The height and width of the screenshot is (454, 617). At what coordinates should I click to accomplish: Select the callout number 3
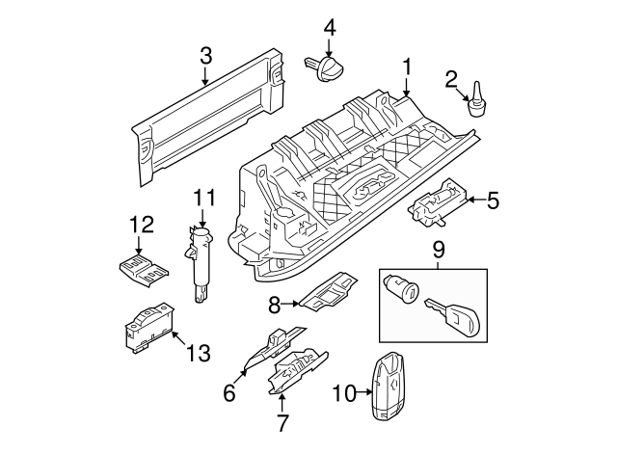(x=205, y=57)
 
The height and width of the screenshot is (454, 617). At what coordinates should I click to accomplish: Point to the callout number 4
(x=330, y=28)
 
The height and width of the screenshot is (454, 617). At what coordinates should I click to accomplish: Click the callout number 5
(x=493, y=200)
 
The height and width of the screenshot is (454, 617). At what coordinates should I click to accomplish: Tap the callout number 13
(x=197, y=354)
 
